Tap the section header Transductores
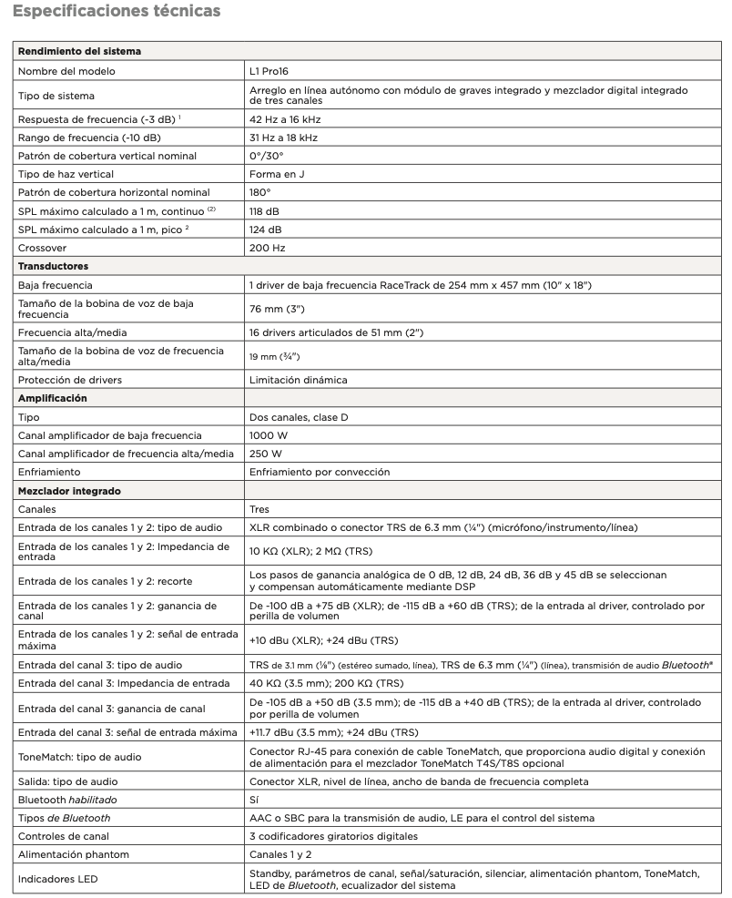[x=54, y=266]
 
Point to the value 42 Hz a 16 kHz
[x=285, y=119]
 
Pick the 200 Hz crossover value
[x=268, y=247]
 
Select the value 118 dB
[x=266, y=210]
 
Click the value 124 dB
[x=266, y=229]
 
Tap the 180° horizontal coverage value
[x=261, y=192]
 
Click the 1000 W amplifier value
[x=266, y=435]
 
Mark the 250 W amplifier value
[x=264, y=454]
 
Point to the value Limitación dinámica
[x=298, y=379]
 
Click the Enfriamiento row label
[x=49, y=472]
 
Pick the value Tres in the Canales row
[x=259, y=510]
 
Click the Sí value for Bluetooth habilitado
[x=254, y=799]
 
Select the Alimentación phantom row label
[x=74, y=854]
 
